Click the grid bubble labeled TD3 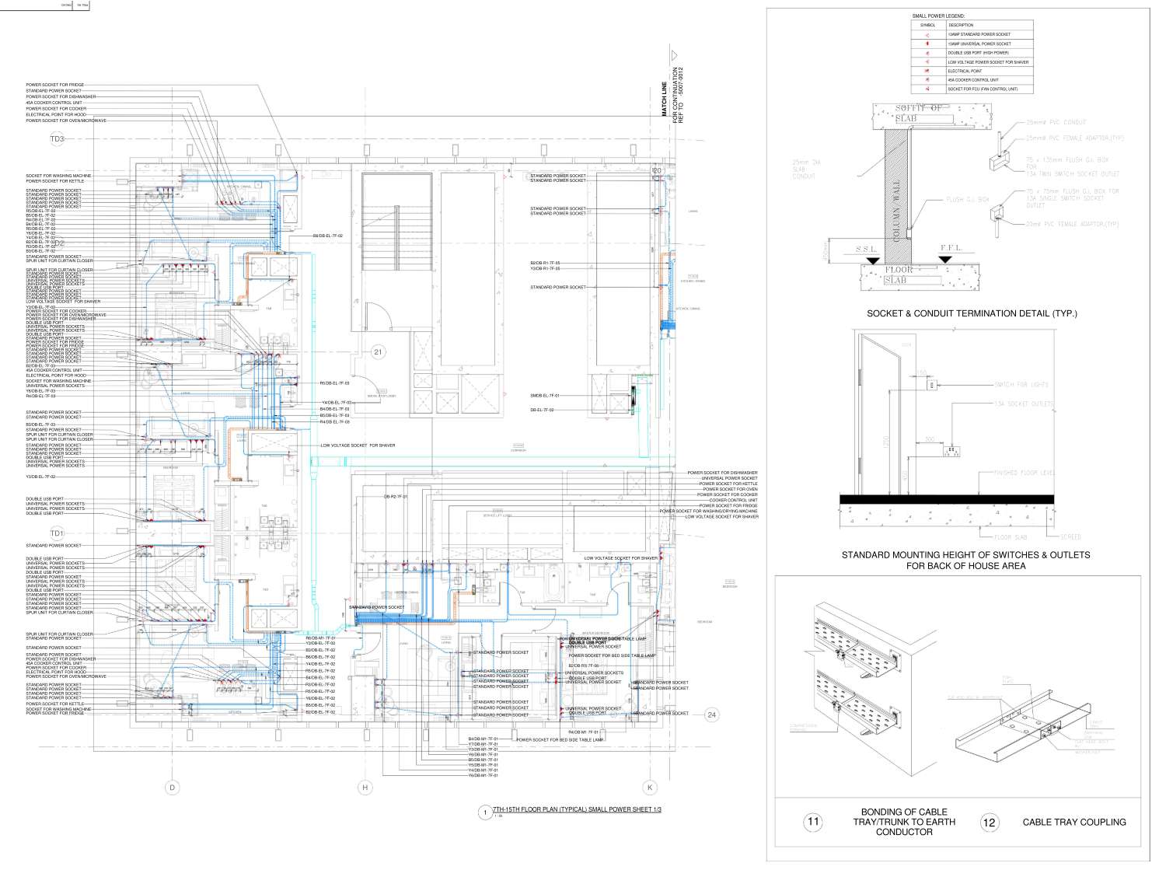(x=58, y=139)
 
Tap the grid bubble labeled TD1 (x=57, y=533)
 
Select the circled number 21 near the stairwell (x=379, y=352)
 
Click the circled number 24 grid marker (x=711, y=715)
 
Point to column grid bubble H (x=365, y=788)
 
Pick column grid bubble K (x=651, y=788)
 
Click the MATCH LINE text (x=665, y=101)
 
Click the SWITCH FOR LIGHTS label (x=1021, y=385)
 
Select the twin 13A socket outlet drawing (x=951, y=451)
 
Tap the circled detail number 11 (x=813, y=821)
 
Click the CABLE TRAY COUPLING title (x=1073, y=822)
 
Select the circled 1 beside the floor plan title (x=486, y=812)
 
